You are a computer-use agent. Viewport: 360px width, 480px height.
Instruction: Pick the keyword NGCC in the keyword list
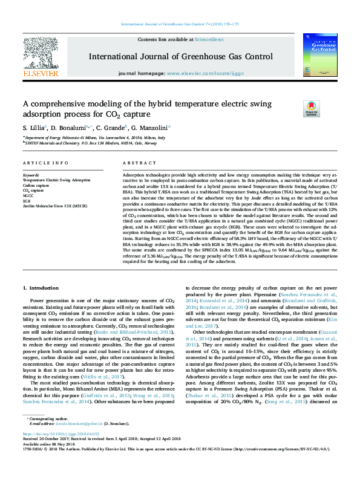click(28, 196)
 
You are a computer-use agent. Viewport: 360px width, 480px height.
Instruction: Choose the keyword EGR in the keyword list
click(27, 201)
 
